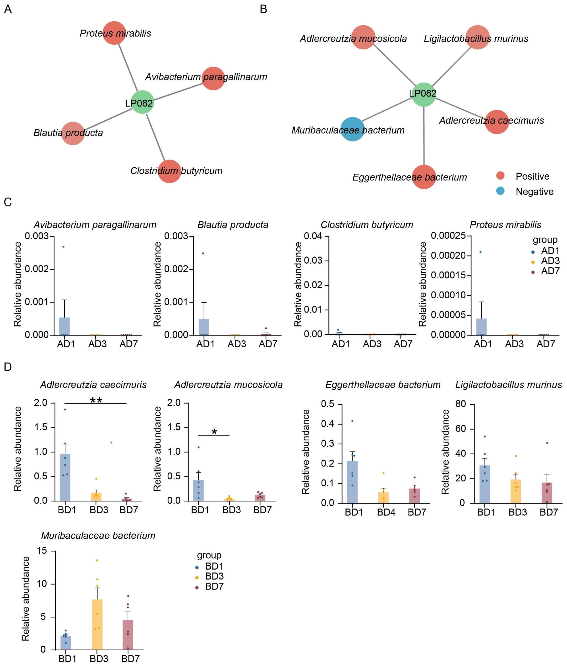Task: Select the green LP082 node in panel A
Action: point(142,102)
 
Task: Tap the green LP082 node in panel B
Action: point(424,94)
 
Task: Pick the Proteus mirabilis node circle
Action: point(114,33)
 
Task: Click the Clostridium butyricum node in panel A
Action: point(169,171)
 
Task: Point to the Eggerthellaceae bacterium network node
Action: point(424,177)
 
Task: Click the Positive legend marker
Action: point(500,176)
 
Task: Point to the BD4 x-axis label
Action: point(386,512)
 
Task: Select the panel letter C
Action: point(8,202)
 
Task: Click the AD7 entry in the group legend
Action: point(550,271)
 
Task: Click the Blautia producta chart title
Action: point(233,225)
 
